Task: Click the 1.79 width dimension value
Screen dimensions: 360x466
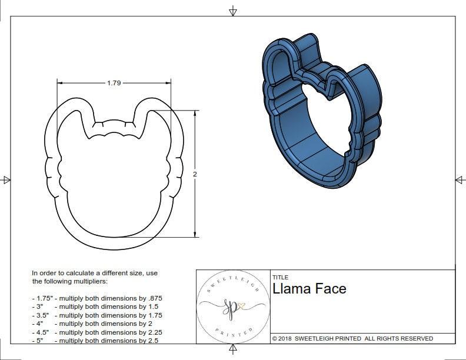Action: click(114, 83)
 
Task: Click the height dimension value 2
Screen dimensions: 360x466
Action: click(195, 174)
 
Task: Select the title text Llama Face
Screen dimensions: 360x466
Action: click(309, 289)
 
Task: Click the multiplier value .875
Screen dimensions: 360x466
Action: click(154, 298)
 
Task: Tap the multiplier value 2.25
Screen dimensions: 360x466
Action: click(153, 332)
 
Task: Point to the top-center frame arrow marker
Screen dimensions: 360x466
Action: click(233, 11)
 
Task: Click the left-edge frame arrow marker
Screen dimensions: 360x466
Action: click(6, 179)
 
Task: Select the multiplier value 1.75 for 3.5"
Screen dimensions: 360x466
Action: click(154, 315)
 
